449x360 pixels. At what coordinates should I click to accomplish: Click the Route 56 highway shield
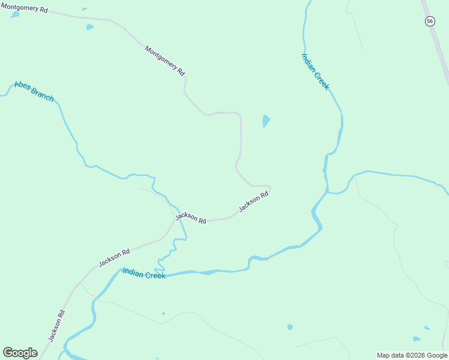[x=429, y=21]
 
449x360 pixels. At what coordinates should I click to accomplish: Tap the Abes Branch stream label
[x=34, y=91]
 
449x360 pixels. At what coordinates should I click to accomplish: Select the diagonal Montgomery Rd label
[x=164, y=60]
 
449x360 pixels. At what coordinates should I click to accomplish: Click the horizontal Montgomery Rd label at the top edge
[x=24, y=7]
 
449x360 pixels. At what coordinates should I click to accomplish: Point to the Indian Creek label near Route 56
[x=315, y=71]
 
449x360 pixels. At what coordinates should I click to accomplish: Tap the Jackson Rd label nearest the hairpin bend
[x=253, y=202]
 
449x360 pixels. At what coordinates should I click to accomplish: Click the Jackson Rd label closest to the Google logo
[x=57, y=326]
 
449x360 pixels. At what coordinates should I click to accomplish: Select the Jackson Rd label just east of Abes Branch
[x=191, y=218]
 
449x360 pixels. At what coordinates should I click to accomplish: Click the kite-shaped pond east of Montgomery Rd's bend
[x=265, y=121]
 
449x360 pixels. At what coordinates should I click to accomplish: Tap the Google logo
[x=20, y=353]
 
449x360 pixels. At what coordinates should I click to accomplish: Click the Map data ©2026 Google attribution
[x=412, y=355]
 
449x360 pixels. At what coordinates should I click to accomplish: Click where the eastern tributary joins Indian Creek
[x=328, y=192]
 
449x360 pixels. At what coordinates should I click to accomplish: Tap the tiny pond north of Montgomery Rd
[x=84, y=9]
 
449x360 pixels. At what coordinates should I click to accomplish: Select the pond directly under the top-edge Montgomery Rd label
[x=14, y=14]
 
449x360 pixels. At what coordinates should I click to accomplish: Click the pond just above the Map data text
[x=426, y=328]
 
